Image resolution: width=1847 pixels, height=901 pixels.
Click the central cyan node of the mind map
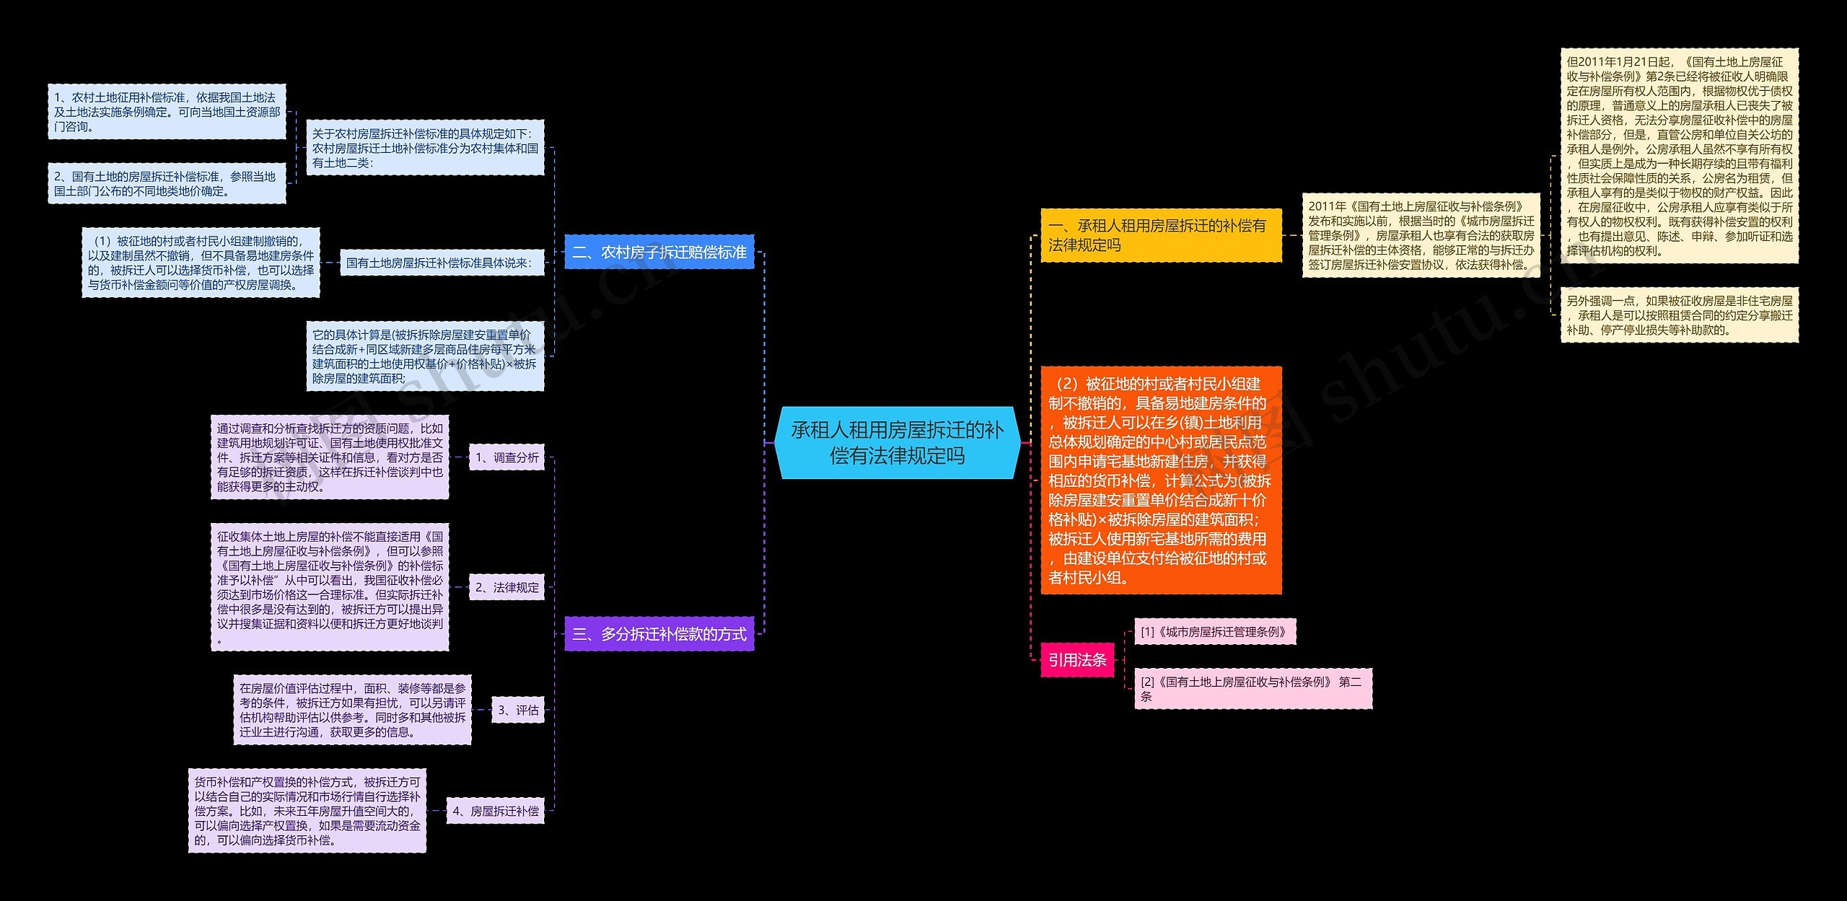pyautogui.click(x=897, y=442)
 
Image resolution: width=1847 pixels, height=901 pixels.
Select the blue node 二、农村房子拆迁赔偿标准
pyautogui.click(x=659, y=252)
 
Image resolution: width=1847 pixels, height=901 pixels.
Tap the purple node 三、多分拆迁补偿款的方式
pyautogui.click(x=659, y=634)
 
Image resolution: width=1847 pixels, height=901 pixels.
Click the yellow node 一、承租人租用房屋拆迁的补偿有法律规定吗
pyautogui.click(x=1161, y=235)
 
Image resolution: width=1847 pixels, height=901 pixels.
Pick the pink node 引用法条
pyautogui.click(x=1077, y=659)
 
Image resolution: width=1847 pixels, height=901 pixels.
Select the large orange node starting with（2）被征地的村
pyautogui.click(x=1161, y=480)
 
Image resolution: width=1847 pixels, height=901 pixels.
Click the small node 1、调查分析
pyautogui.click(x=506, y=457)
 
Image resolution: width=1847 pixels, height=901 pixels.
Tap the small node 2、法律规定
pyautogui.click(x=506, y=587)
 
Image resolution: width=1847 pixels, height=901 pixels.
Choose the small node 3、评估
pyautogui.click(x=518, y=710)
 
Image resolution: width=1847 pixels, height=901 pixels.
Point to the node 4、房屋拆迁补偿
pyautogui.click(x=495, y=811)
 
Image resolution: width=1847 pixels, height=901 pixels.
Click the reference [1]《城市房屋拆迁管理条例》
pyautogui.click(x=1215, y=632)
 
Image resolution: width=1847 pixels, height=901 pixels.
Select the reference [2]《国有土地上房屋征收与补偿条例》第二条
pyautogui.click(x=1253, y=689)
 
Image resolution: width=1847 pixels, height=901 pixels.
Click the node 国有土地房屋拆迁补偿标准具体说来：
pyautogui.click(x=439, y=263)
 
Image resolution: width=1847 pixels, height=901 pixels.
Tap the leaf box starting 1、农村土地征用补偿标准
pyautogui.click(x=167, y=112)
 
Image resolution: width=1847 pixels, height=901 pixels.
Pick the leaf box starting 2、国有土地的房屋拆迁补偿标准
pyautogui.click(x=167, y=183)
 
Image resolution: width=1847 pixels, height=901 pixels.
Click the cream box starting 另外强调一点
pyautogui.click(x=1680, y=315)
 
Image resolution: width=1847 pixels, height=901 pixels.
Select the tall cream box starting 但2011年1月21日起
pyautogui.click(x=1680, y=156)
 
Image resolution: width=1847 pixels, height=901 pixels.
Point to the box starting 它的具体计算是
pyautogui.click(x=425, y=356)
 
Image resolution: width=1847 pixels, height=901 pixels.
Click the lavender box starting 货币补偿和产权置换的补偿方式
pyautogui.click(x=307, y=811)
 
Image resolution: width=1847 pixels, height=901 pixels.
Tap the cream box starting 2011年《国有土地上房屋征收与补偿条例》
pyautogui.click(x=1421, y=235)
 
